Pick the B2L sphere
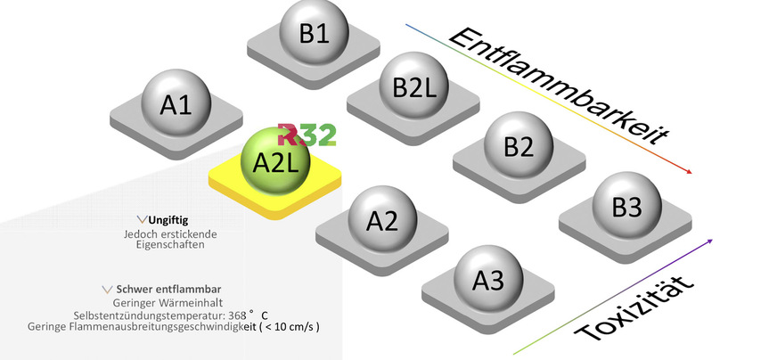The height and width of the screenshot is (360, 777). click(413, 87)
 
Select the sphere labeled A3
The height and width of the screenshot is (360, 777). click(487, 280)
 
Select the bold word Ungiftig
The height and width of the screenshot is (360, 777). click(168, 218)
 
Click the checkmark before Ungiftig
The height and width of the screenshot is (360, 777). click(143, 218)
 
